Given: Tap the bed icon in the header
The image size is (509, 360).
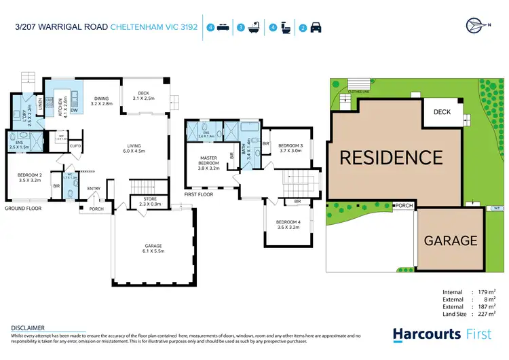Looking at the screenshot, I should (x=224, y=28).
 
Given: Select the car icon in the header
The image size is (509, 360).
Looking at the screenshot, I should (x=316, y=28).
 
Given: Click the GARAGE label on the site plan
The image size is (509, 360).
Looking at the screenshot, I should (x=451, y=240).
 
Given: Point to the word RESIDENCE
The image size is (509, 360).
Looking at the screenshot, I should (x=390, y=158).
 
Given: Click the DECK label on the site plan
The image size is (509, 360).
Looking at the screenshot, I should (x=442, y=112).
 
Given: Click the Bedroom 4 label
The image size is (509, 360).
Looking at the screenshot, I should (x=288, y=226).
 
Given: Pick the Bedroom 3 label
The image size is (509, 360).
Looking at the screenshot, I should (x=290, y=148).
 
